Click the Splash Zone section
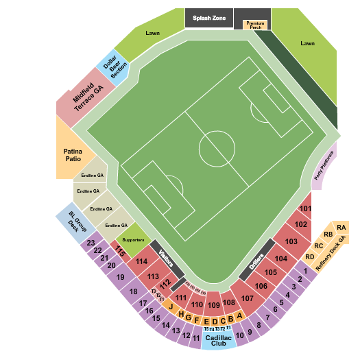pyautogui.click(x=208, y=17)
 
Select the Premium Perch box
pyautogui.click(x=255, y=25)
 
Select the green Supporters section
pyautogui.click(x=133, y=239)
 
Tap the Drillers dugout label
pyautogui.click(x=256, y=262)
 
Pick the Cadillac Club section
pyautogui.click(x=218, y=339)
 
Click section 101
pyautogui.click(x=306, y=208)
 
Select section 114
pyautogui.click(x=141, y=261)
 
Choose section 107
pyautogui.click(x=248, y=298)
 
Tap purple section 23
pyautogui.click(x=91, y=243)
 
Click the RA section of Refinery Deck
pyautogui.click(x=341, y=228)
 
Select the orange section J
pyautogui.click(x=170, y=307)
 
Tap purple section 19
pyautogui.click(x=121, y=277)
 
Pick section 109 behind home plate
pyautogui.click(x=214, y=304)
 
